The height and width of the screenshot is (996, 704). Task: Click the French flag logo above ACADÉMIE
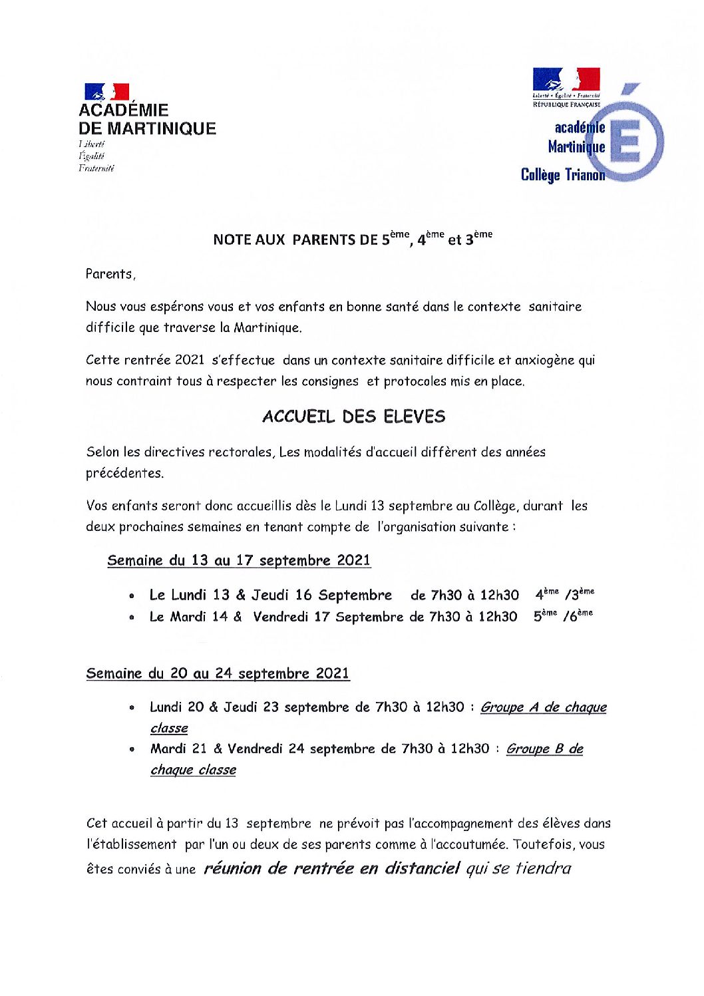(x=106, y=92)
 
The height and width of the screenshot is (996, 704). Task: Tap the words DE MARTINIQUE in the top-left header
(x=147, y=128)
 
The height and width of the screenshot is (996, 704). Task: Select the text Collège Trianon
(x=562, y=175)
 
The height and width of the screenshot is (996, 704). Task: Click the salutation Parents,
(x=110, y=274)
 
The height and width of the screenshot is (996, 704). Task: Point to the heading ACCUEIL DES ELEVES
(x=353, y=417)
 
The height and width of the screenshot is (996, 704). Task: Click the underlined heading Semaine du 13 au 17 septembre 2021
(x=239, y=560)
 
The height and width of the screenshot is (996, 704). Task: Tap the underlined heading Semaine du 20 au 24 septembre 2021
(x=218, y=673)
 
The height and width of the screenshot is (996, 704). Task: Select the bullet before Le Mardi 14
(x=134, y=618)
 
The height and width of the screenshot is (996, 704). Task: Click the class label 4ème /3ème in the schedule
(x=564, y=594)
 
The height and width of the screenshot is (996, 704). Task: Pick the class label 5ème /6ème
(x=562, y=615)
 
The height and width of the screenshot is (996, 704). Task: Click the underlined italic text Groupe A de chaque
(x=543, y=707)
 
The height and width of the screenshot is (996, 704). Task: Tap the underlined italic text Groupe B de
(x=544, y=748)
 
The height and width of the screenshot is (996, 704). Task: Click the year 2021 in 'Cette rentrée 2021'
(x=190, y=360)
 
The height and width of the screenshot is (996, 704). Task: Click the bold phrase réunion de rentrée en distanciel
(x=331, y=868)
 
